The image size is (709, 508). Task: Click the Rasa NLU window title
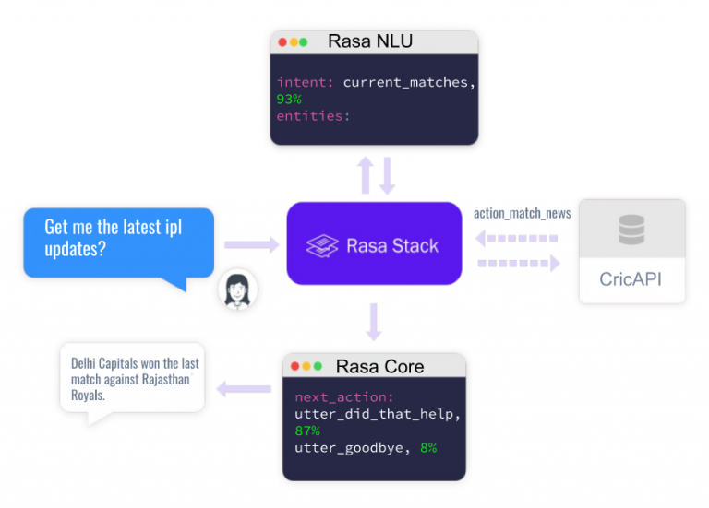coord(369,41)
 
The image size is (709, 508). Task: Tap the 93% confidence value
coord(289,99)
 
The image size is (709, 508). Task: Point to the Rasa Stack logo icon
coord(322,245)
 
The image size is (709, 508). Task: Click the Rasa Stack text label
coord(391,245)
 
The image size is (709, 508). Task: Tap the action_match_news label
coord(522,213)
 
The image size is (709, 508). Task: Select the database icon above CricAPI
coord(631,230)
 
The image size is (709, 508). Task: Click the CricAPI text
coord(631,278)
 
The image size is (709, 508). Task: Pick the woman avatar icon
coord(238,289)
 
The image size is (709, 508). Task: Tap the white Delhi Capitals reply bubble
coord(131,379)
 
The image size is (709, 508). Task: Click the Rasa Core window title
coord(379,366)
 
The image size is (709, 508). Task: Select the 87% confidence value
coord(307,431)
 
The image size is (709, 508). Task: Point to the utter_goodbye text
coord(347,447)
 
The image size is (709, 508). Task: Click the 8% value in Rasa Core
coord(427,447)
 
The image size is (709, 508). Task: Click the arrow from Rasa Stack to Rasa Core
coord(374,322)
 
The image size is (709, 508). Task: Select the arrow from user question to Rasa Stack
coord(252,245)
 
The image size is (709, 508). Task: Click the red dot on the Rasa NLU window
coord(282,42)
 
